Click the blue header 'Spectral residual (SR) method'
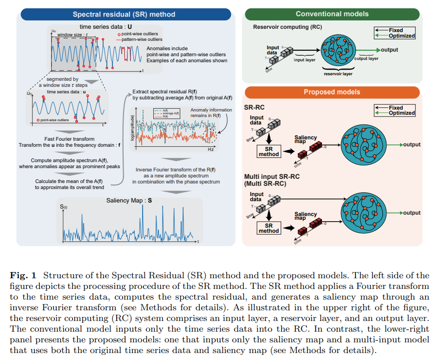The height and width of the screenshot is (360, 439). click(124, 14)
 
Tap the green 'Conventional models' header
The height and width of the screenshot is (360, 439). click(332, 14)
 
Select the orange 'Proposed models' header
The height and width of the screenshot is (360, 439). click(332, 92)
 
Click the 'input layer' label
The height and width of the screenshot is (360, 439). click(304, 59)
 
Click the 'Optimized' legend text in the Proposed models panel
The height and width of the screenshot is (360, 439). click(402, 113)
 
